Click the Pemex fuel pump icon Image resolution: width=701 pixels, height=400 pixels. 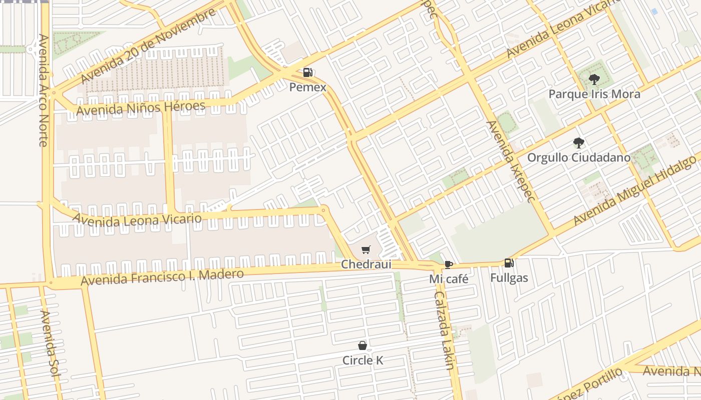307,73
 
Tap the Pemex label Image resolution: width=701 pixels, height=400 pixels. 307,87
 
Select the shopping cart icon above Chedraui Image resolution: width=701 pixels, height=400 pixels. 366,249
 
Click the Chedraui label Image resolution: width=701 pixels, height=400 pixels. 366,264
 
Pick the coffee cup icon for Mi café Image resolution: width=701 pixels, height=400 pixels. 449,264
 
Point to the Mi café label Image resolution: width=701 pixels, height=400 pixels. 449,279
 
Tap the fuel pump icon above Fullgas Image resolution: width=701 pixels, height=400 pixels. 509,263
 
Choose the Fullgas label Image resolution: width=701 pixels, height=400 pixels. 509,277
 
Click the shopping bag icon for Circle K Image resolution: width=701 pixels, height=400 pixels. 363,345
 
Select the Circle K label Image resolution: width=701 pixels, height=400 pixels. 363,360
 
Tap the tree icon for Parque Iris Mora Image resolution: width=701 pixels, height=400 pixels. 594,79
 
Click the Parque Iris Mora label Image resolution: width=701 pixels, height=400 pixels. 594,94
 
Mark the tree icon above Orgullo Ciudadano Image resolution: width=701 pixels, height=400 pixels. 578,143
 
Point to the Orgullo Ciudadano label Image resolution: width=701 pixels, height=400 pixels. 578,158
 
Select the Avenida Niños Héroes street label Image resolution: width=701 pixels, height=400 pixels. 140,107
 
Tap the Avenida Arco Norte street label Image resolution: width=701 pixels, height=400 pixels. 43,90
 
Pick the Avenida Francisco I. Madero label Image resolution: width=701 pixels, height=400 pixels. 162,277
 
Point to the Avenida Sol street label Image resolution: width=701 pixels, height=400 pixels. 50,345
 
